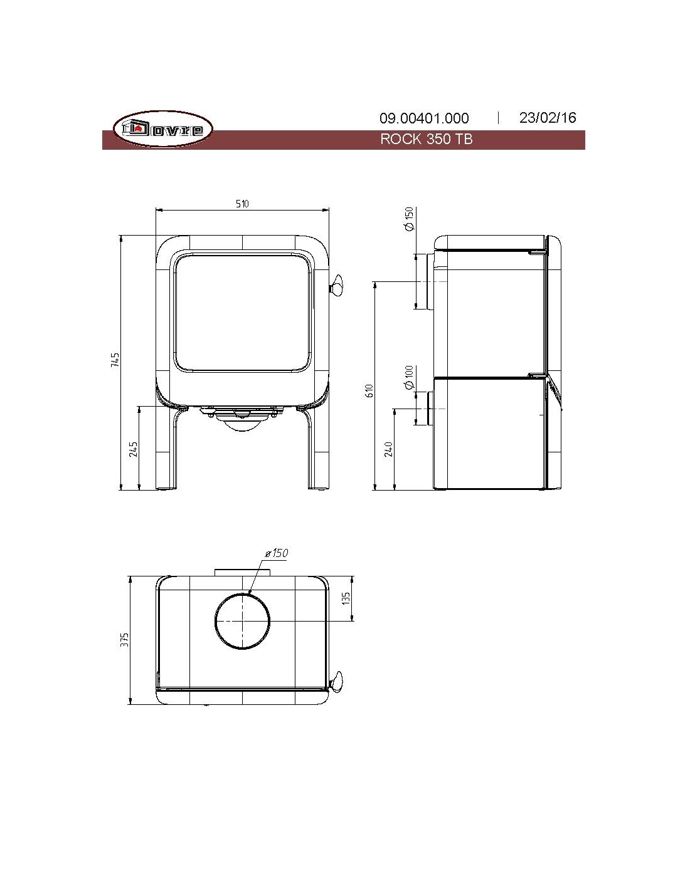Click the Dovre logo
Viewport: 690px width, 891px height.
coord(163,128)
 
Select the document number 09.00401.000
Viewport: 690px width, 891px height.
coord(424,118)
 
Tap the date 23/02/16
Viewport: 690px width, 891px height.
coord(548,118)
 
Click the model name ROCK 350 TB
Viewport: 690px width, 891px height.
coord(426,139)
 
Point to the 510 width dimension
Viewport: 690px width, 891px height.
coord(242,204)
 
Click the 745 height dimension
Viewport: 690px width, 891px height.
coord(115,359)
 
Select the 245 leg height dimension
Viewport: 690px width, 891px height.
coord(134,449)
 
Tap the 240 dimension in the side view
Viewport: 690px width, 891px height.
coord(389,449)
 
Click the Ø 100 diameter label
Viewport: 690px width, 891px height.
coord(409,377)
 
